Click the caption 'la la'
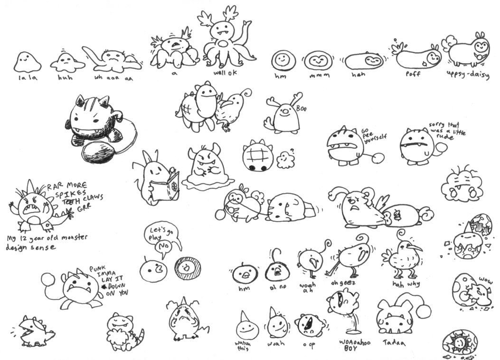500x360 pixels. click(x=27, y=77)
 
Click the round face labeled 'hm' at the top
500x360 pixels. click(x=283, y=60)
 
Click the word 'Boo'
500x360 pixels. click(x=302, y=109)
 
